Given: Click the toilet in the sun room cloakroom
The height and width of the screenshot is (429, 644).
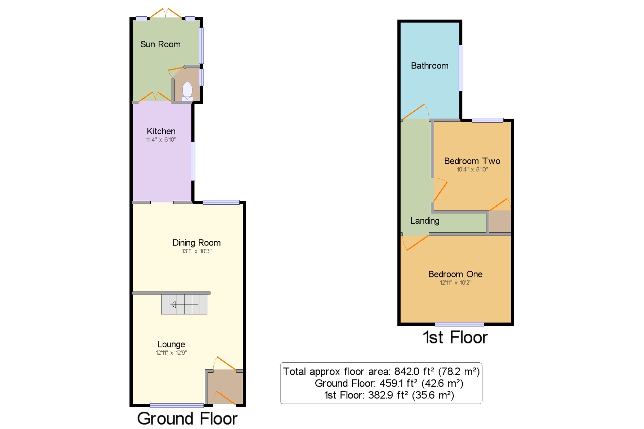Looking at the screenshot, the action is click(x=187, y=91).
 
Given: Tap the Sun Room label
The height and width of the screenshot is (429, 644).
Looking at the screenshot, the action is click(x=160, y=44).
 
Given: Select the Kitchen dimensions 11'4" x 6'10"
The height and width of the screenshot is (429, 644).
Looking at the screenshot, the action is click(x=161, y=139).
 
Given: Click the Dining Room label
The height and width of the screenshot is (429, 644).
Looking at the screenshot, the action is click(x=196, y=243).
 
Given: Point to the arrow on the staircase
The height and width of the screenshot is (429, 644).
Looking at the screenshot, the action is click(x=184, y=304).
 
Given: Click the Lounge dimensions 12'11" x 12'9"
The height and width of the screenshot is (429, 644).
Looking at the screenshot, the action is click(x=171, y=352).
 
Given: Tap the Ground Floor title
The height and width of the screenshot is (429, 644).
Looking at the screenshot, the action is click(x=187, y=418).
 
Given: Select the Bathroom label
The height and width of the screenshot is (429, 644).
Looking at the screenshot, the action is click(x=430, y=66).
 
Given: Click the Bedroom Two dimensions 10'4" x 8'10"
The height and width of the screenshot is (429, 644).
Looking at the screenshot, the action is click(x=472, y=169).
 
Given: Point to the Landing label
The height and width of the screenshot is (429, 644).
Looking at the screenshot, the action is click(x=425, y=221).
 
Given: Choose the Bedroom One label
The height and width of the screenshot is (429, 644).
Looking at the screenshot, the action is click(x=455, y=274).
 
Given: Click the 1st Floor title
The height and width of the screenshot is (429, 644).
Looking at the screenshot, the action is click(x=455, y=337).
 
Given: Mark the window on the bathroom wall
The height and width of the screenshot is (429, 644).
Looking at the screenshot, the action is click(x=461, y=68).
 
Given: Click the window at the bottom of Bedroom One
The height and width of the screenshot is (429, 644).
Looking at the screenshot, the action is click(x=459, y=324).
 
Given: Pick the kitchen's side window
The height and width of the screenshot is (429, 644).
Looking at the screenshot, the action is click(x=193, y=161).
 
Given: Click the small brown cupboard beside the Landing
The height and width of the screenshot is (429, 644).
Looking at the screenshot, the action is click(x=500, y=221).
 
